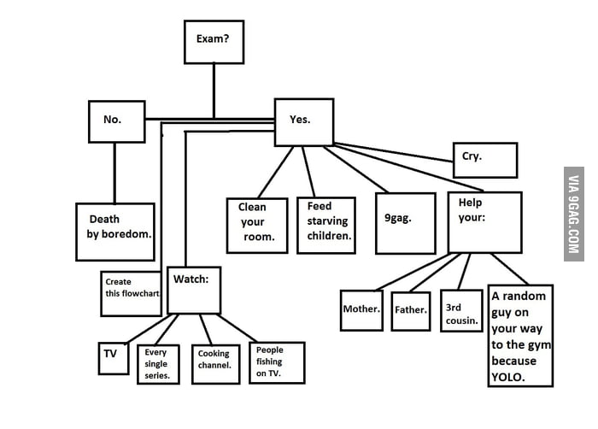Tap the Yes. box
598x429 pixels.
(x=302, y=121)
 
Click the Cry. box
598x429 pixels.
(x=484, y=160)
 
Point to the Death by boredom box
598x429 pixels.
(x=115, y=231)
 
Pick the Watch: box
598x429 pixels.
(x=194, y=290)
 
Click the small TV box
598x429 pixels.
(x=113, y=357)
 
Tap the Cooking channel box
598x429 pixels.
(x=215, y=360)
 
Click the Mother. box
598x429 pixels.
(x=361, y=310)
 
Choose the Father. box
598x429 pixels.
(x=411, y=311)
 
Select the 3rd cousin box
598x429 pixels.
(x=461, y=311)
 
